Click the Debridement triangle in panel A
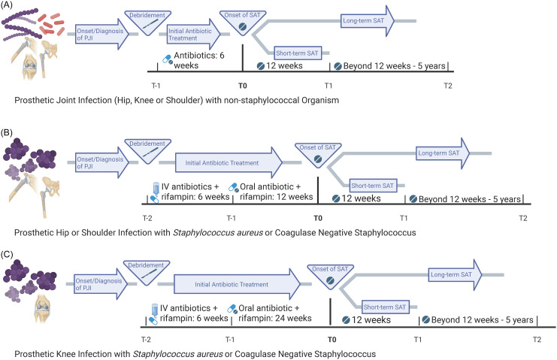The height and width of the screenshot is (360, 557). coord(147,22)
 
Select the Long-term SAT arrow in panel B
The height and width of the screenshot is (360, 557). coord(443,153)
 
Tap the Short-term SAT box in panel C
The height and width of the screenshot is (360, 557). coord(385,307)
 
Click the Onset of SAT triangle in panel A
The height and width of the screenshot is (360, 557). coord(243,22)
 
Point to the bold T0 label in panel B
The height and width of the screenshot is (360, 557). coord(318,218)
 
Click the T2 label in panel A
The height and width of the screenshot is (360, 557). coord(448,86)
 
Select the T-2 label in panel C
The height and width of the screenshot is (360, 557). coord(146,340)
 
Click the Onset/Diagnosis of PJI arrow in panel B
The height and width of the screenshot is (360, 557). coord(102,162)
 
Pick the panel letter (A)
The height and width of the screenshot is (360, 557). coord(7,6)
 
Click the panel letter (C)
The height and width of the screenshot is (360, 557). coord(7,255)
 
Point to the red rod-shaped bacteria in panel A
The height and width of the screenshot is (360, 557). coord(52,25)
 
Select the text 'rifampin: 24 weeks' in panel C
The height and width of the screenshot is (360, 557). coord(275,318)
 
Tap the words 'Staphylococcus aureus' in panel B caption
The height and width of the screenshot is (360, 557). coord(218,233)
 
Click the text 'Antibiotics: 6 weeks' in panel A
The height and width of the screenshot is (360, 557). coord(199,60)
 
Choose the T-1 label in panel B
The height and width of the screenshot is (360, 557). coord(232,218)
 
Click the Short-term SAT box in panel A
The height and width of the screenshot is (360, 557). coord(298,53)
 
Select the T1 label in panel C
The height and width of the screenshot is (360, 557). coord(418,340)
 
